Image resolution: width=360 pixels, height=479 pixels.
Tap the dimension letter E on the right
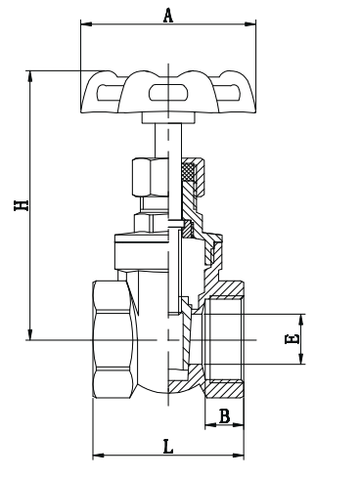click(291, 339)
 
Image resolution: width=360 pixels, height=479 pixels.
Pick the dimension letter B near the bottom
click(224, 416)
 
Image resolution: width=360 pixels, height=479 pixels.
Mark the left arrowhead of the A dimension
click(81, 25)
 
